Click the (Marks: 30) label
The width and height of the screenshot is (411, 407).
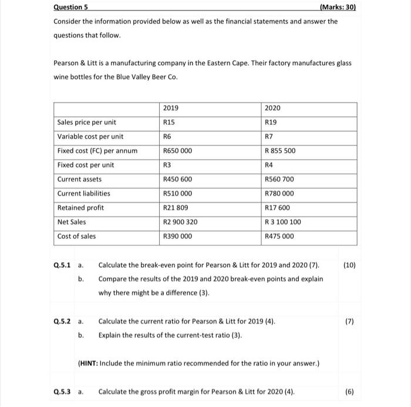pos(336,8)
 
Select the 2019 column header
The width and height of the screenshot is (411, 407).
pos(170,108)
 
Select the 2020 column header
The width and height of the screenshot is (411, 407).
pos(273,108)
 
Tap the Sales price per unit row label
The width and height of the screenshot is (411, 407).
pos(86,122)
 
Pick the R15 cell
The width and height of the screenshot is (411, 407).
pos(169,122)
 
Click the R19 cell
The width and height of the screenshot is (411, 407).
pos(272,122)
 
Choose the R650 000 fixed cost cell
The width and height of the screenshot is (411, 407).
pos(177,151)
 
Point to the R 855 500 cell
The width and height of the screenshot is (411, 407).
pos(281,151)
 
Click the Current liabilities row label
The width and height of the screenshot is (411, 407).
pos(83,193)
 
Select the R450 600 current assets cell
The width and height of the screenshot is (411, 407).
pos(177,179)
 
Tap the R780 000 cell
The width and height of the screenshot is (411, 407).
pos(279,193)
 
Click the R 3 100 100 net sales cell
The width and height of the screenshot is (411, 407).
pos(283,222)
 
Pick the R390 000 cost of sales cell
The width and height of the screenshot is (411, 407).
pos(177,236)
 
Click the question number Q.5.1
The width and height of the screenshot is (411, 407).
pos(62,265)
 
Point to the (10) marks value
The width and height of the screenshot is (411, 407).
pos(349,265)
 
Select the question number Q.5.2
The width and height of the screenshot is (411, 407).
pos(62,322)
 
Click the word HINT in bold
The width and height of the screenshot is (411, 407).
pos(90,363)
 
